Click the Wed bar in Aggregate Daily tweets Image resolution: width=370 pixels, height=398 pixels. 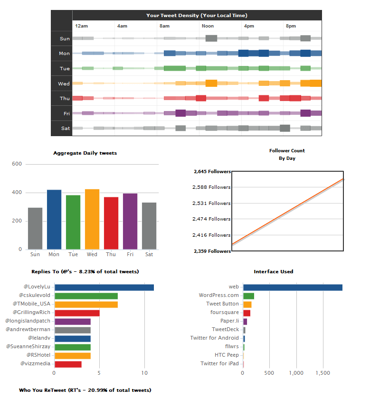tap(92, 219)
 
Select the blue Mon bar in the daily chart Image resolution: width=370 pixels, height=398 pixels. tap(54, 220)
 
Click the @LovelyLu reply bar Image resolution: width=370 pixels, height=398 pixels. tap(104, 287)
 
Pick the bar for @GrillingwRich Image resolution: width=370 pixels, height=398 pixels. tap(77, 313)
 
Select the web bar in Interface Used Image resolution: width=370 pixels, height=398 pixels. tap(293, 287)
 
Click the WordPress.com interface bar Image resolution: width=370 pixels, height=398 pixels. tap(248, 296)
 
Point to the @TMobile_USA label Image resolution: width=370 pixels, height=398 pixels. tap(34, 304)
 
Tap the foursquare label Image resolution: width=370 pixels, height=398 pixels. tap(225, 313)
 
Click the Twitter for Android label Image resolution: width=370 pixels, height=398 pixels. tap(214, 338)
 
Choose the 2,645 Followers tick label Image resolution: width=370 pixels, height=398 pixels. tap(212, 172)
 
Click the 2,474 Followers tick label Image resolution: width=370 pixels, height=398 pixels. tap(212, 219)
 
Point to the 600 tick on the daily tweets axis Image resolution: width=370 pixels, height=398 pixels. tap(17, 164)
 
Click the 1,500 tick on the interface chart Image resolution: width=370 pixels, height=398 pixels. tap(323, 373)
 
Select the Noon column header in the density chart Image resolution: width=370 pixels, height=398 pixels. tap(208, 26)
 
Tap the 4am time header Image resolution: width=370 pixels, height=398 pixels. tap(122, 26)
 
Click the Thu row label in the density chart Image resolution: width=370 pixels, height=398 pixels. tap(65, 99)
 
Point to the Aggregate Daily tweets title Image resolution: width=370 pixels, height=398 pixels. tap(85, 153)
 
